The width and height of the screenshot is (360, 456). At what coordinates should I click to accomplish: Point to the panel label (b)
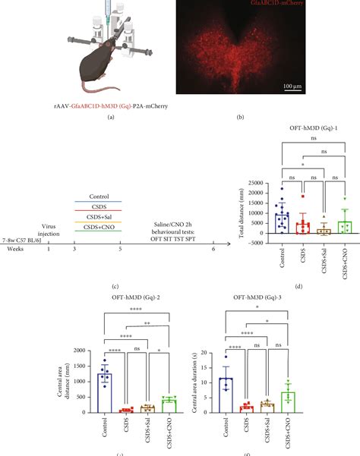tap(240, 118)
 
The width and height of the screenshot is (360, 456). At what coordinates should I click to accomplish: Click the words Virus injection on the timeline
tap(49, 228)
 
